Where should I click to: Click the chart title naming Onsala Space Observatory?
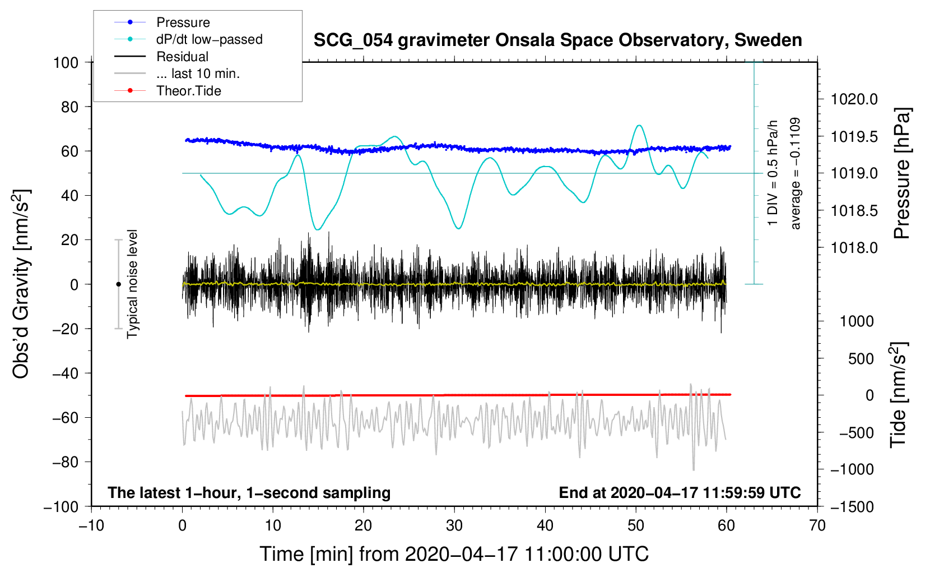tap(557, 40)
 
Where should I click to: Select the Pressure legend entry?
tap(183, 22)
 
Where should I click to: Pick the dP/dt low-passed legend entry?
tap(209, 39)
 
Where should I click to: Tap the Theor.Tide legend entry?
tap(188, 91)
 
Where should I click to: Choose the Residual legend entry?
tap(182, 57)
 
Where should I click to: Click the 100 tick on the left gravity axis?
tap(66, 62)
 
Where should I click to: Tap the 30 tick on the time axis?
tap(454, 525)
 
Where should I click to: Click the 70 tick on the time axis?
tap(817, 525)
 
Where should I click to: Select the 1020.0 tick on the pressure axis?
tap(854, 99)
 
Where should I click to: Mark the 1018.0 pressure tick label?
tap(854, 248)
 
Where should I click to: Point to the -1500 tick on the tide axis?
tap(852, 507)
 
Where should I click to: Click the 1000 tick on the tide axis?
tap(857, 321)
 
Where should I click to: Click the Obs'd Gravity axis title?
tap(21, 284)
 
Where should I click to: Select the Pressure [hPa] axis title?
tap(903, 174)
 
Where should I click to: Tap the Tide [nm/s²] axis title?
tap(898, 395)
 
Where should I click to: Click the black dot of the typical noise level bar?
tap(118, 284)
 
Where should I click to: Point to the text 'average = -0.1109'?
tap(796, 173)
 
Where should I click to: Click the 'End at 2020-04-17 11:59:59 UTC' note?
tap(680, 492)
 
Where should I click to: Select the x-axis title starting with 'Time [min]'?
tap(454, 554)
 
